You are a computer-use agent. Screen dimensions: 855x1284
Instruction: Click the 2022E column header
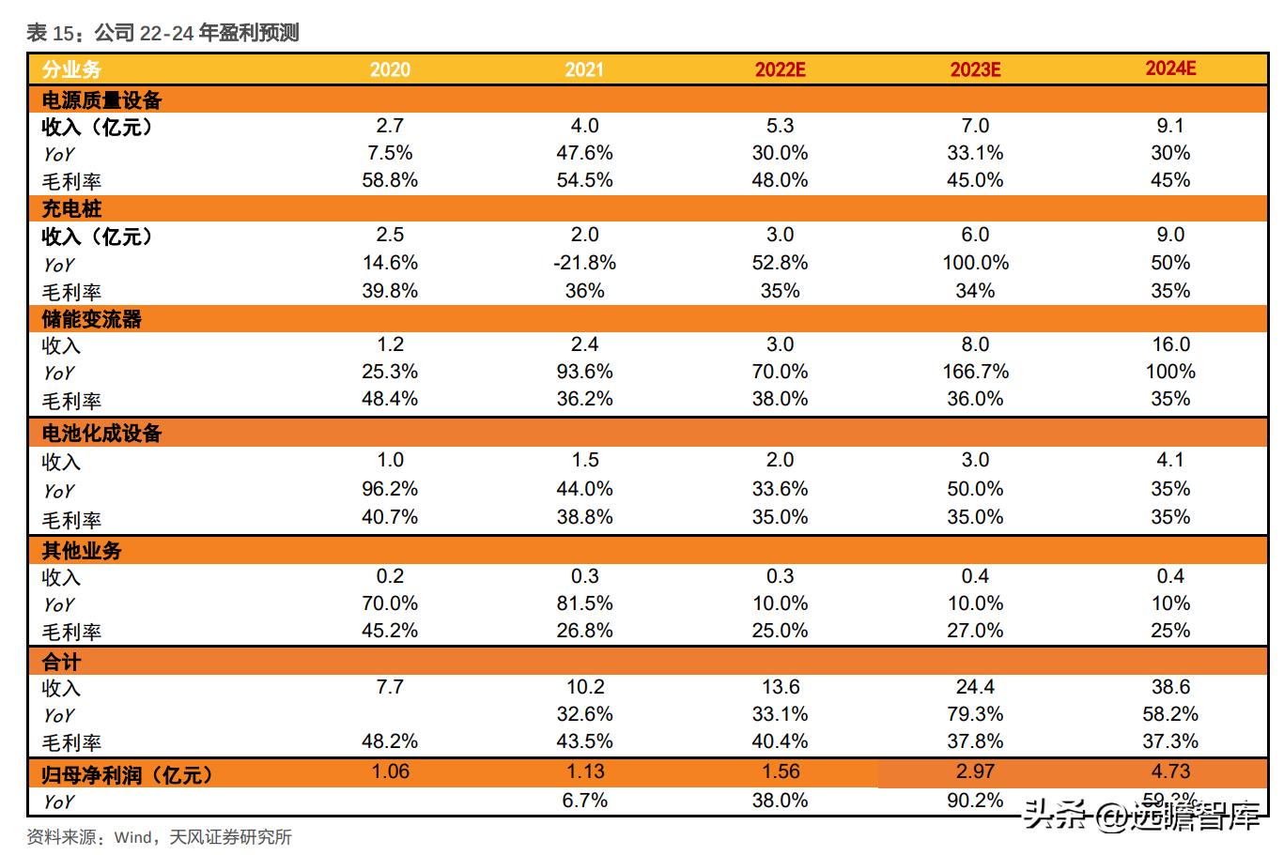pyautogui.click(x=780, y=69)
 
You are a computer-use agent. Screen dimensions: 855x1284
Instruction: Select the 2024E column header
pyautogui.click(x=1169, y=69)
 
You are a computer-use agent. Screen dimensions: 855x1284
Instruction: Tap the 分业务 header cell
pyautogui.click(x=71, y=69)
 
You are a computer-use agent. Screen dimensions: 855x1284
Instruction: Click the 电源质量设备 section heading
pyautogui.click(x=101, y=99)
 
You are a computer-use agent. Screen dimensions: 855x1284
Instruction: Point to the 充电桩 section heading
pyautogui.click(x=71, y=208)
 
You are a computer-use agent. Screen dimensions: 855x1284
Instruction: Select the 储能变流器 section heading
pyautogui.click(x=91, y=319)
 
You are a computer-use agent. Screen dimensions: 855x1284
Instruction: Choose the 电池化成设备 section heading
pyautogui.click(x=101, y=433)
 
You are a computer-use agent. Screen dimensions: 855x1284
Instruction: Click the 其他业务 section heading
pyautogui.click(x=82, y=550)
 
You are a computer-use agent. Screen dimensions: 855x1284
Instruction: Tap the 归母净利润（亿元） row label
pyautogui.click(x=127, y=774)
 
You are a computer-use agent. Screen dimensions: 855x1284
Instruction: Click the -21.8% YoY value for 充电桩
pyautogui.click(x=584, y=263)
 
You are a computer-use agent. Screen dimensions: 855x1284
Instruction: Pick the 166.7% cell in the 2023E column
pyautogui.click(x=975, y=372)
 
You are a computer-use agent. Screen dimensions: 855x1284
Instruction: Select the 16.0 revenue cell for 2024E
pyautogui.click(x=1170, y=344)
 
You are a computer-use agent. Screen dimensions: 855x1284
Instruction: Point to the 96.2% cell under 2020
pyautogui.click(x=390, y=489)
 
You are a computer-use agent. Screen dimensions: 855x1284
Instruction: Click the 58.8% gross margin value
pyautogui.click(x=390, y=180)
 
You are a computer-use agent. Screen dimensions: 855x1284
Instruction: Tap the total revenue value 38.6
pyautogui.click(x=1170, y=687)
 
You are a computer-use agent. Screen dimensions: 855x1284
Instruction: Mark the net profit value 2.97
pyautogui.click(x=975, y=771)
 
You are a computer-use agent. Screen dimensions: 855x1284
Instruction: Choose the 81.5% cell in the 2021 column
pyautogui.click(x=584, y=603)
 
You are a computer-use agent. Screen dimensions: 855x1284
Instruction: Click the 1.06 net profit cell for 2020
pyautogui.click(x=390, y=771)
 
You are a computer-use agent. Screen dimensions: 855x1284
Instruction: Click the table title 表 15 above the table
pyautogui.click(x=162, y=34)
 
